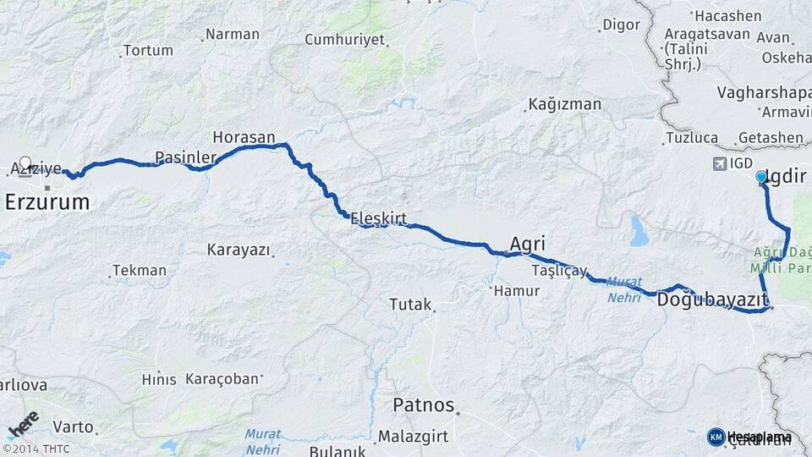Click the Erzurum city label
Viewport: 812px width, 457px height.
click(47, 201)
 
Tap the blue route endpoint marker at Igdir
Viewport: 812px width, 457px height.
click(761, 177)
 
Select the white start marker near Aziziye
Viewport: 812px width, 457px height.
click(25, 163)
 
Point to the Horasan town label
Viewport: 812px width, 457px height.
click(244, 137)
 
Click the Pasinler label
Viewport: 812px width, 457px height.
click(186, 157)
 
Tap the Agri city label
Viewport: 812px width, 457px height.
click(527, 240)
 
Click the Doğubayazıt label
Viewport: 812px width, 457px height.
click(712, 299)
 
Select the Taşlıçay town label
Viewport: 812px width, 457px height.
click(559, 270)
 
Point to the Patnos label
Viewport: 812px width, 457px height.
click(423, 405)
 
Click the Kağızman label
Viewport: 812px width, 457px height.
click(564, 105)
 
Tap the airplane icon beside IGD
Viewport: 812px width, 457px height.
click(720, 163)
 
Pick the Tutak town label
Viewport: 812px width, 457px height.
click(410, 304)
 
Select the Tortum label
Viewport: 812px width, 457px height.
click(147, 51)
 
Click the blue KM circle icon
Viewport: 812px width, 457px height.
click(716, 437)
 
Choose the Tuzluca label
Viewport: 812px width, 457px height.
click(692, 137)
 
